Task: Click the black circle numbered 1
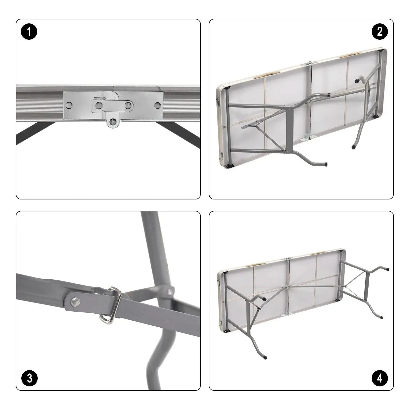pos(29,32)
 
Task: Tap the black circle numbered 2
pos(380,32)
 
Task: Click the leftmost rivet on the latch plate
pos(68,104)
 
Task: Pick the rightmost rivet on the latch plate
pos(157,104)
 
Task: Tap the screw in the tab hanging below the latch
pos(112,123)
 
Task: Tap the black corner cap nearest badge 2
pos(381,51)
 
